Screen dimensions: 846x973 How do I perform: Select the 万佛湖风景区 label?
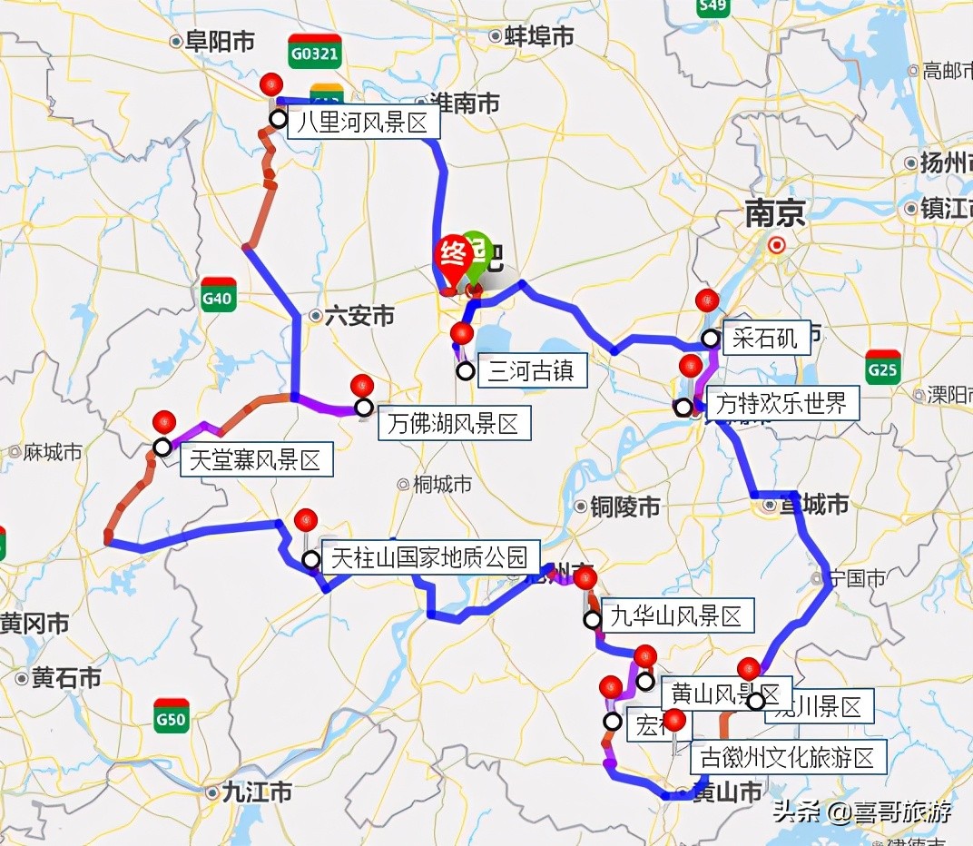point(452,423)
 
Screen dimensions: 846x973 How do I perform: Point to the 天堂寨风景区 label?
point(255,460)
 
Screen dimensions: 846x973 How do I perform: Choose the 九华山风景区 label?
point(677,617)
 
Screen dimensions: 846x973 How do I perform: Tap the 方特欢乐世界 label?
point(781,402)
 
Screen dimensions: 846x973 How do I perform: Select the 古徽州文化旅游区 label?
point(788,757)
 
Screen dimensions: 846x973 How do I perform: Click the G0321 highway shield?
point(314,53)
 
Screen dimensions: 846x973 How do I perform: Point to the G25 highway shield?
point(882,368)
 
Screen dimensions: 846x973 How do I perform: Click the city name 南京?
point(775,214)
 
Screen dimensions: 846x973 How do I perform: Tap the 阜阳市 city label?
point(218,41)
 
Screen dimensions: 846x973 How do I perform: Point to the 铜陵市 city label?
point(624,507)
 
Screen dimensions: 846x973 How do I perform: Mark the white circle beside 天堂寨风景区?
point(162,447)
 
